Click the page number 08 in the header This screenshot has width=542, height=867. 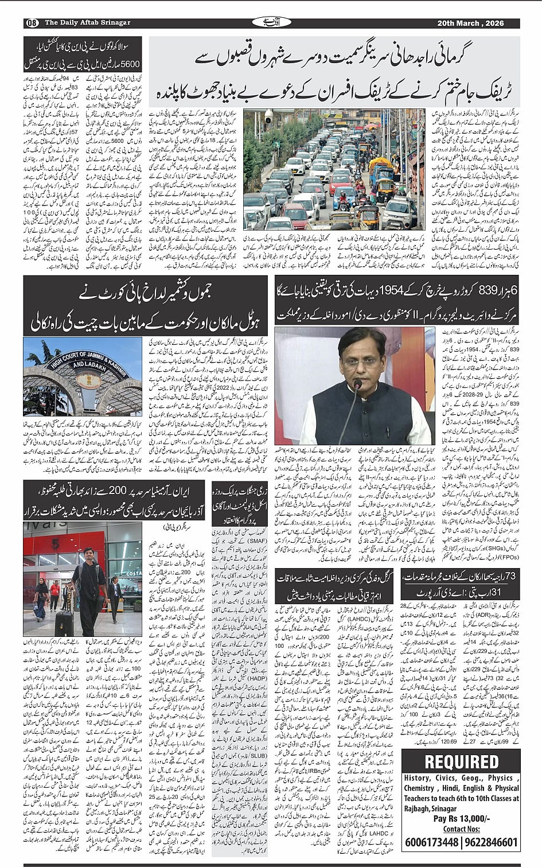[x=31, y=23]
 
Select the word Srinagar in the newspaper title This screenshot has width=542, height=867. [x=114, y=23]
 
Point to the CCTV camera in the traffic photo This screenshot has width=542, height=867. [x=268, y=118]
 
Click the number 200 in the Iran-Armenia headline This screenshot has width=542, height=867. [x=133, y=491]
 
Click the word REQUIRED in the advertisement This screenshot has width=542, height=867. [x=461, y=761]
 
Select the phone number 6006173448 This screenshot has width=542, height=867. [x=431, y=842]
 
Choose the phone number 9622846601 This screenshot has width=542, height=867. [x=491, y=842]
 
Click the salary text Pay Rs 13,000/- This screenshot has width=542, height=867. [x=461, y=819]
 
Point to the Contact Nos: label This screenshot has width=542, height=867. [x=461, y=829]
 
